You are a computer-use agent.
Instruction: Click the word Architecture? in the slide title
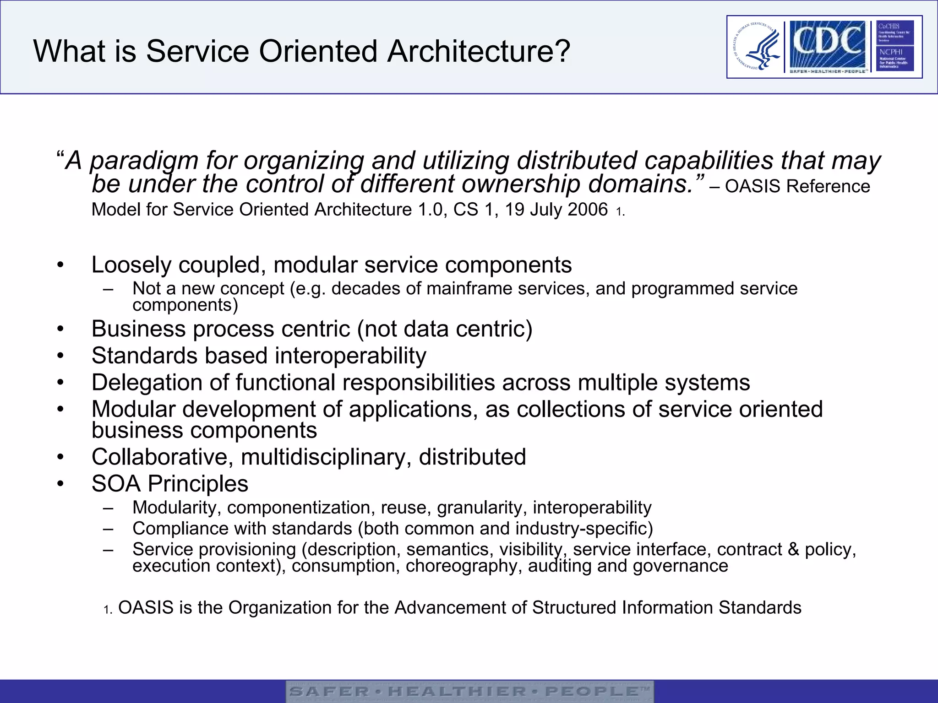479,51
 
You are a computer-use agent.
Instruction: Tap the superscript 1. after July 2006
620,212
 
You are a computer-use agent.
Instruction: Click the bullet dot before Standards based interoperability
60,357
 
